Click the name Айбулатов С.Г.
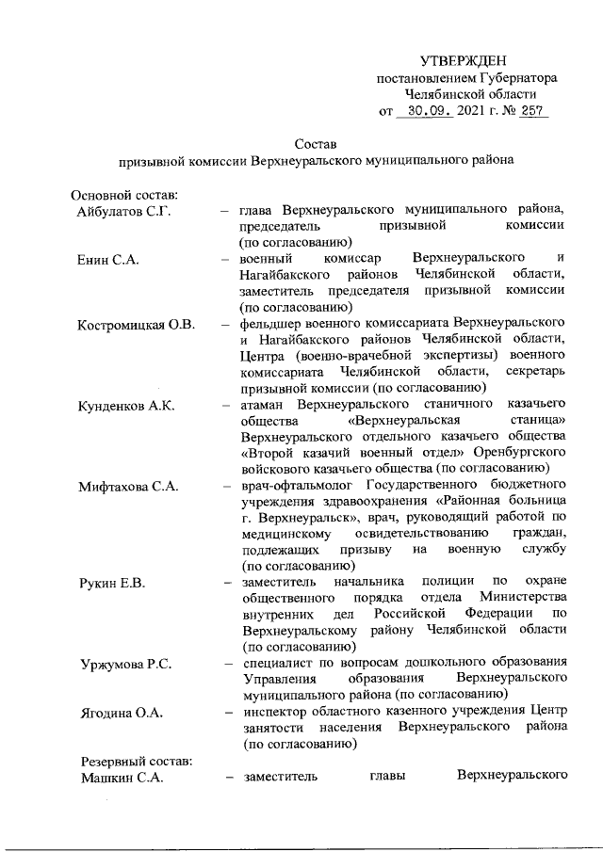(x=122, y=210)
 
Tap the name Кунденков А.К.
(x=128, y=406)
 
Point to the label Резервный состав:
(x=131, y=761)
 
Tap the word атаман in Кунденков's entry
(x=264, y=406)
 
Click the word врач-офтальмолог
(x=293, y=487)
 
